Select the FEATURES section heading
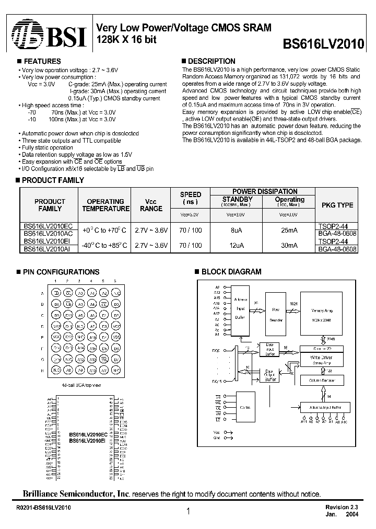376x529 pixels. tap(42, 61)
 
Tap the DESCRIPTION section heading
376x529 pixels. tap(211, 61)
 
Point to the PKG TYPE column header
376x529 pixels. tap(337, 205)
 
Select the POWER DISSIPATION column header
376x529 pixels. tap(264, 191)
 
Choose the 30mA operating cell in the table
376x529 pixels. tap(289, 245)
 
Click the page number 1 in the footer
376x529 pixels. tap(188, 512)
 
